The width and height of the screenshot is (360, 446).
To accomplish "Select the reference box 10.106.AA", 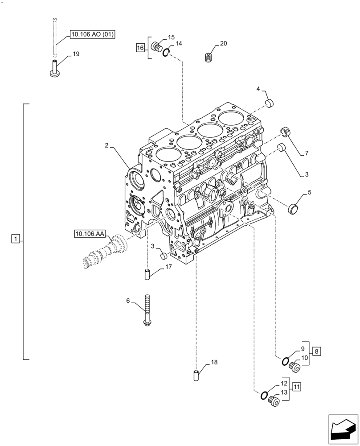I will [x=90, y=233].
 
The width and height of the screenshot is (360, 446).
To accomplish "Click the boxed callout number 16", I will [x=140, y=47].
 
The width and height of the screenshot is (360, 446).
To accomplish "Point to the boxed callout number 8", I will [x=316, y=351].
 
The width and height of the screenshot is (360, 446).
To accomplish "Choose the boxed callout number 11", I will [x=297, y=386].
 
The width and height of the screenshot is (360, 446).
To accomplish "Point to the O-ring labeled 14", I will [x=166, y=53].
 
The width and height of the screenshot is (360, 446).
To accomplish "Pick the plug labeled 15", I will [x=156, y=46].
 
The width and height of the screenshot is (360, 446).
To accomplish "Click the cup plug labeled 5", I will [x=293, y=207].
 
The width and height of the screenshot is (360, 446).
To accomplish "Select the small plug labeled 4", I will [x=269, y=104].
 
